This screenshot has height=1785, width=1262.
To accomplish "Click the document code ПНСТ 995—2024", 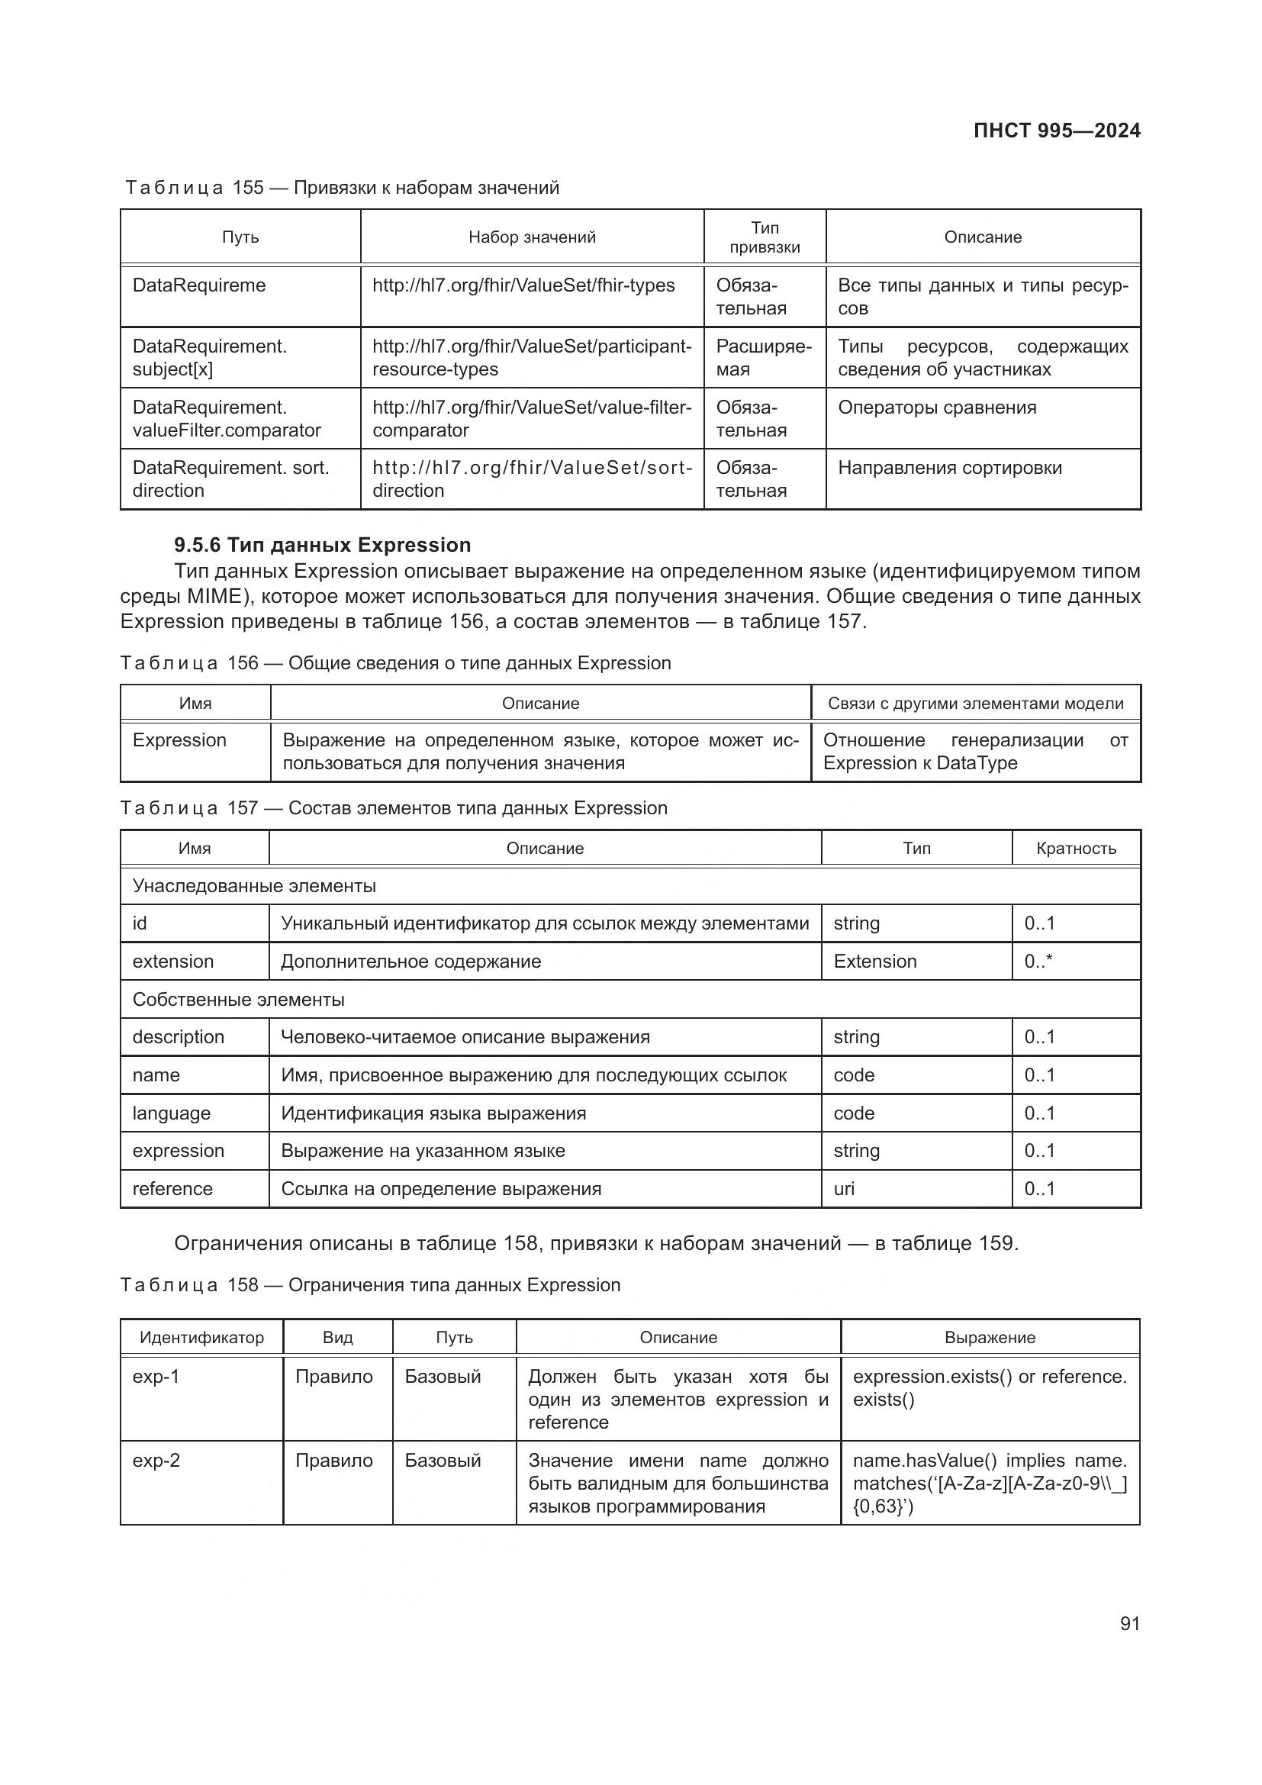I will (x=1056, y=130).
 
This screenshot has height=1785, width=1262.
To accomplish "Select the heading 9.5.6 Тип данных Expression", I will (x=322, y=545).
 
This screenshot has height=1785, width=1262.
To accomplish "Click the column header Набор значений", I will (x=532, y=237).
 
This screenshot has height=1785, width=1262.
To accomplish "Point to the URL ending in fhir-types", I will (x=523, y=285).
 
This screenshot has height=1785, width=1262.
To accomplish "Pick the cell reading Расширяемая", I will (x=763, y=358).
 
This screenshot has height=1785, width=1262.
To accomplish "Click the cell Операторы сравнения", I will (x=936, y=408).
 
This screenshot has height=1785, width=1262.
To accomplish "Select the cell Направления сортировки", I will (x=949, y=468).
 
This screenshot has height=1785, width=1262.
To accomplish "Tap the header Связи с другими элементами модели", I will (x=975, y=704).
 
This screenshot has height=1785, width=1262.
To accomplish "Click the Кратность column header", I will (x=1076, y=848).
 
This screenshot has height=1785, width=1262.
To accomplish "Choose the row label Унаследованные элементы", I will (x=254, y=886).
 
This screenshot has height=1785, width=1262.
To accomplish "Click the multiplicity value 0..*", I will (x=1038, y=962).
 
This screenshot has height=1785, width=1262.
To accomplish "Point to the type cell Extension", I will (x=874, y=962).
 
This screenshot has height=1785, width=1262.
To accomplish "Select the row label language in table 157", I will (x=171, y=1113).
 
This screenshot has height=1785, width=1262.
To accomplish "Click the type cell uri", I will (x=844, y=1189).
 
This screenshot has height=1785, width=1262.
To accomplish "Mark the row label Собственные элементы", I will (x=238, y=1000).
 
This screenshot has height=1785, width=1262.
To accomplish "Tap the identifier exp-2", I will (x=156, y=1461).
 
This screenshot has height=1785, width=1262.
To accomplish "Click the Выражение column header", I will (x=990, y=1337).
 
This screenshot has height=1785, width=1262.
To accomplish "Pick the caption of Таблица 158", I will (x=370, y=1285).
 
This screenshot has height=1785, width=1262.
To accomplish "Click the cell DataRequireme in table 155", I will (x=199, y=285).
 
